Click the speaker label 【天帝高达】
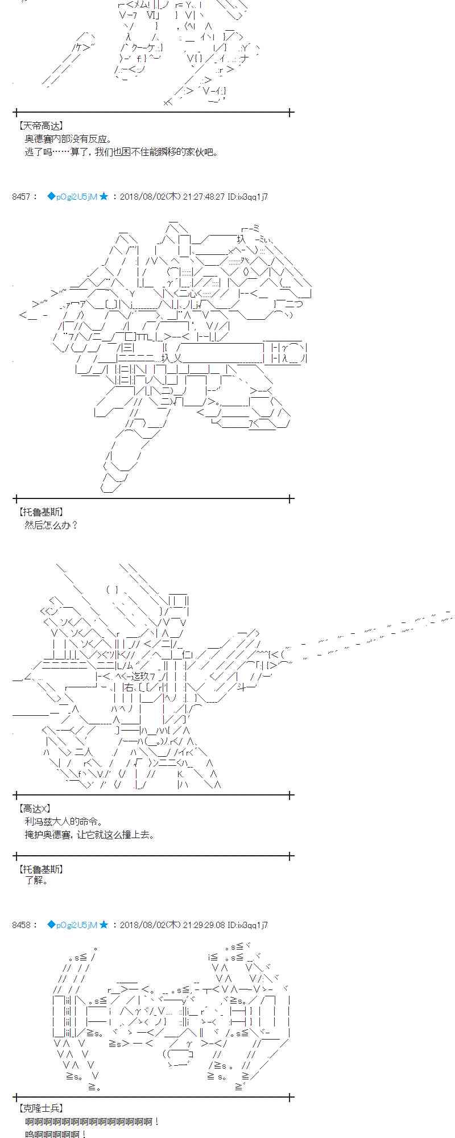(40, 126)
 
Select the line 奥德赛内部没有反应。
(68, 139)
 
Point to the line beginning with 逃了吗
(121, 152)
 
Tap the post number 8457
(21, 197)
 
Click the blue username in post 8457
(72, 197)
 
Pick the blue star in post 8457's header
(104, 197)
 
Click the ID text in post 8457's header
(247, 197)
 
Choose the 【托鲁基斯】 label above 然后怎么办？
(40, 512)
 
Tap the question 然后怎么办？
(51, 525)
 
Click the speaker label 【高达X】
(35, 809)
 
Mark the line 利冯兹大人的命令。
(64, 822)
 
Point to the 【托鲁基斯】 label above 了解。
(40, 869)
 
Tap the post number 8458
(21, 925)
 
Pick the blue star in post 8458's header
(104, 925)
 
